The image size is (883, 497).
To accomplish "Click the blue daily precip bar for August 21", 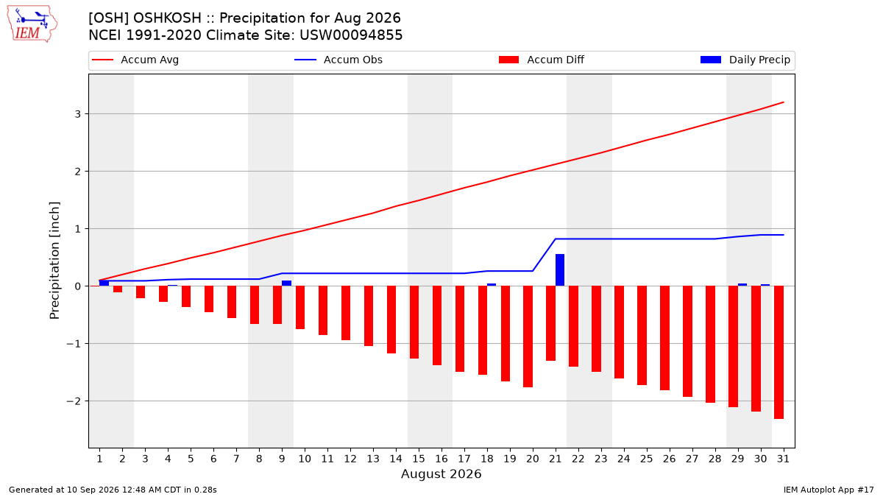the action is (x=560, y=270).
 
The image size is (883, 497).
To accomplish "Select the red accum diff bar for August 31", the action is (x=779, y=352).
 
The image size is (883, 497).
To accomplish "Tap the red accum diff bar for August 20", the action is (x=528, y=336).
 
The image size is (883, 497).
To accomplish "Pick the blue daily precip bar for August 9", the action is (x=286, y=283).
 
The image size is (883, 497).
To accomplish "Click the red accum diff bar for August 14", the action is (x=391, y=320).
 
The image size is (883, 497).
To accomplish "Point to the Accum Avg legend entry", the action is (x=135, y=60).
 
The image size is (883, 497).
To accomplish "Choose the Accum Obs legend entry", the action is (x=338, y=60).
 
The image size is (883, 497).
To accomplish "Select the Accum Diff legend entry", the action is (x=542, y=60).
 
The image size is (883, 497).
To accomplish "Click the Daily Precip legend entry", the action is (x=745, y=60).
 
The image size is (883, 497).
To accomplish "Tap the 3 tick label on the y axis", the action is (x=78, y=114).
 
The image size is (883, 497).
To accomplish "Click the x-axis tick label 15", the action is (x=419, y=459).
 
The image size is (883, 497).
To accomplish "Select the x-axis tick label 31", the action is (x=783, y=459).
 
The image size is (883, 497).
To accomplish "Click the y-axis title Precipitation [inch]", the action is (x=54, y=261).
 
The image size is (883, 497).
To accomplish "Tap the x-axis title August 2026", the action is (x=441, y=473).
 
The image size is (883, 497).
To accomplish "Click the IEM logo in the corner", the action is (x=32, y=24).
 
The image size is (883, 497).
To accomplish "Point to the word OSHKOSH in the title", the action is (x=167, y=18).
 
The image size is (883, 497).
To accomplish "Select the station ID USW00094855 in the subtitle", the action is (x=351, y=35).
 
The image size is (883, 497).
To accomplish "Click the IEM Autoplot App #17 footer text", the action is (x=829, y=490).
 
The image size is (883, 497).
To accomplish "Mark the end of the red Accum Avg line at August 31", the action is (x=783, y=102).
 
